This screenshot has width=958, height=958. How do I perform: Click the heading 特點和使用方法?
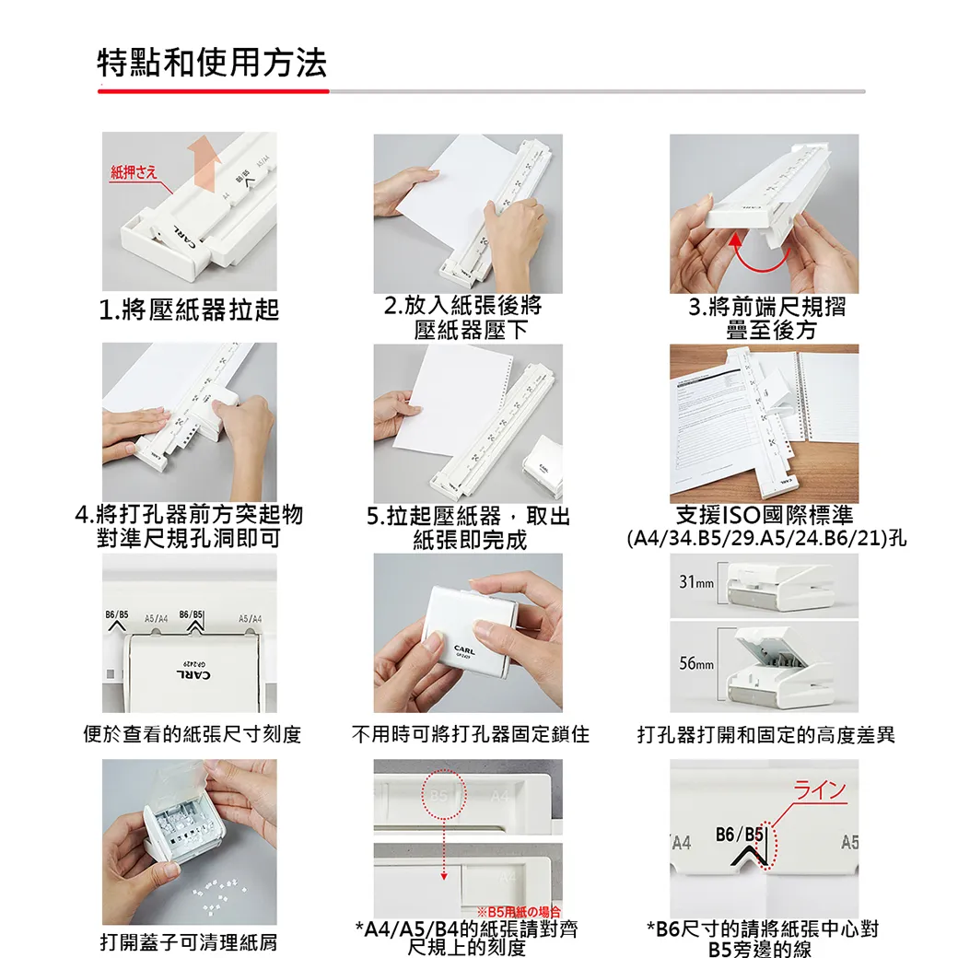[212, 64]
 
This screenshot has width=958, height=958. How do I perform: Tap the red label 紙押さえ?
[134, 172]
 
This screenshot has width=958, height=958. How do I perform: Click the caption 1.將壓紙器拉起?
[189, 310]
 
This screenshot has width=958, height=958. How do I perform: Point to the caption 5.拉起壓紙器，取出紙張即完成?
[469, 528]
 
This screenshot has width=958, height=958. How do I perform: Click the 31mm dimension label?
[696, 583]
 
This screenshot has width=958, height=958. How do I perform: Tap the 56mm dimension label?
[696, 664]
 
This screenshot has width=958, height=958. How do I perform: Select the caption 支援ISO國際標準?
[765, 516]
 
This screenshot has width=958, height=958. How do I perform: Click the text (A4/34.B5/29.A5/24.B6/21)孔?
[765, 538]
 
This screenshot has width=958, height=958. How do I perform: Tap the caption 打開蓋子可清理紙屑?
[188, 942]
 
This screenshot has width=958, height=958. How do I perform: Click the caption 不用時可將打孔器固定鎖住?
[470, 734]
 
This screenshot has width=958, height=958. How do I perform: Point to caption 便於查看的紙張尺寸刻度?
[192, 734]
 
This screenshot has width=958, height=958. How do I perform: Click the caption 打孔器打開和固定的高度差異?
[765, 734]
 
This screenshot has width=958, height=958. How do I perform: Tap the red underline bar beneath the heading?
[213, 91]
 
